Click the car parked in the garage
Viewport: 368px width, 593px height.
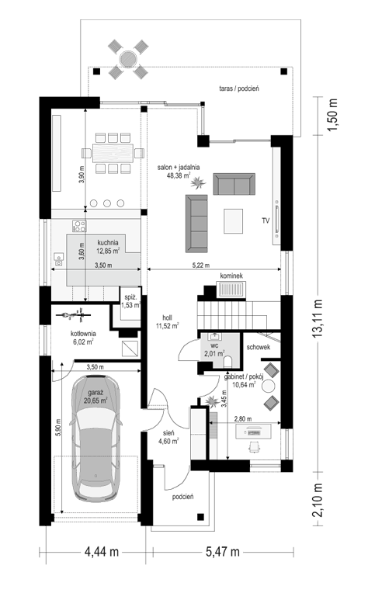[96, 439]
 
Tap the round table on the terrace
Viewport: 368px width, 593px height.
[128, 59]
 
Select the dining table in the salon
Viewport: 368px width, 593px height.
[113, 153]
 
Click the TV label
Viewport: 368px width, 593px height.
[266, 220]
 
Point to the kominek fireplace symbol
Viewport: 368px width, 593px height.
[231, 290]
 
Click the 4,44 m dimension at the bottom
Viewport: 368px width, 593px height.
[101, 552]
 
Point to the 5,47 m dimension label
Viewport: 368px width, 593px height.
[223, 552]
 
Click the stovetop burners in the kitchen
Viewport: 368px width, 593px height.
[79, 226]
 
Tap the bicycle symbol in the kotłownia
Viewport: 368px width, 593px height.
[73, 314]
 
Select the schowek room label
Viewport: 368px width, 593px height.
[259, 347]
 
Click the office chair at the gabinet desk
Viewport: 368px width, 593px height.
[255, 446]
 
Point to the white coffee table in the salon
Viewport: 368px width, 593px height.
[233, 221]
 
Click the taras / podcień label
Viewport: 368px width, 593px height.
[239, 88]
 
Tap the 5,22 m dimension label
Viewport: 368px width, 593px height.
[200, 265]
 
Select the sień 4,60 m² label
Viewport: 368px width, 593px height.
[168, 437]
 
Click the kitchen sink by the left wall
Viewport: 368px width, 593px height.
[59, 259]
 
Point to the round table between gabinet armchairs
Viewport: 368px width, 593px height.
[269, 386]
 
